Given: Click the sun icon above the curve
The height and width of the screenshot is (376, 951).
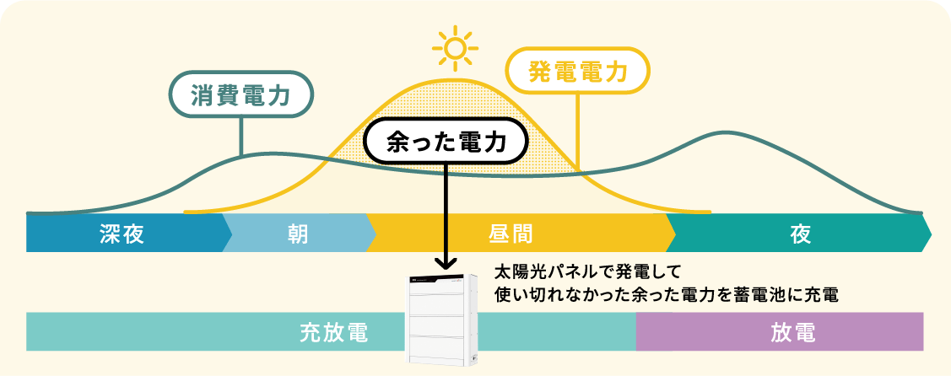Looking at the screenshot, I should tap(456, 49).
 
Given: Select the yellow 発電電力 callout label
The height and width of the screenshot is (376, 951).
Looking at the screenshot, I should tap(578, 70).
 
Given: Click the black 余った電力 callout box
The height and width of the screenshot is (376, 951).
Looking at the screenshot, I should tap(446, 141).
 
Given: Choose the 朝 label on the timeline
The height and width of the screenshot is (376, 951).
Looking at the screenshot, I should tap(296, 234).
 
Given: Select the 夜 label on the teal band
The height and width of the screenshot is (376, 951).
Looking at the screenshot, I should tap(801, 234).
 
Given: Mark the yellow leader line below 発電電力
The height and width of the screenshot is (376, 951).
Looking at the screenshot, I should tap(578, 126).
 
